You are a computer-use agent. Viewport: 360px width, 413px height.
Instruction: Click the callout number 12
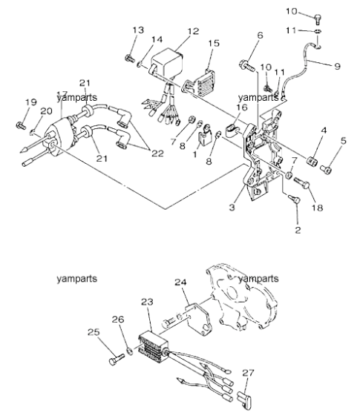[193, 31]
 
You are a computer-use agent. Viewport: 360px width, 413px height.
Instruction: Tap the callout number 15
[214, 43]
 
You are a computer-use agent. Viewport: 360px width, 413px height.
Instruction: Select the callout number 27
[248, 373]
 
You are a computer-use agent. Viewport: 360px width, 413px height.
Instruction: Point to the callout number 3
[232, 208]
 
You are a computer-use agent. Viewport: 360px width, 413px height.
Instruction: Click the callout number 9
[337, 66]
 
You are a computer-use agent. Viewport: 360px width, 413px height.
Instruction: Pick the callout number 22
[157, 153]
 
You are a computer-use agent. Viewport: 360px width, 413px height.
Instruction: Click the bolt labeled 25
[117, 360]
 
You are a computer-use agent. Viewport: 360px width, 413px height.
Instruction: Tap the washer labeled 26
[130, 351]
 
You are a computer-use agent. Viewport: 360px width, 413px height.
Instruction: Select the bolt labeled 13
[129, 58]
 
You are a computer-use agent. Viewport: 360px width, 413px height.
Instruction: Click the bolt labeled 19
[21, 125]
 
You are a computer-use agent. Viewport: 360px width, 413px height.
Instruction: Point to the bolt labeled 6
[247, 65]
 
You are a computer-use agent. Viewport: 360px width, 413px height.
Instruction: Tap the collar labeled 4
[312, 161]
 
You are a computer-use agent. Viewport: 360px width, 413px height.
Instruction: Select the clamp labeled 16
[232, 130]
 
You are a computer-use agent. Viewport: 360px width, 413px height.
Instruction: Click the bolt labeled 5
[325, 169]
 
